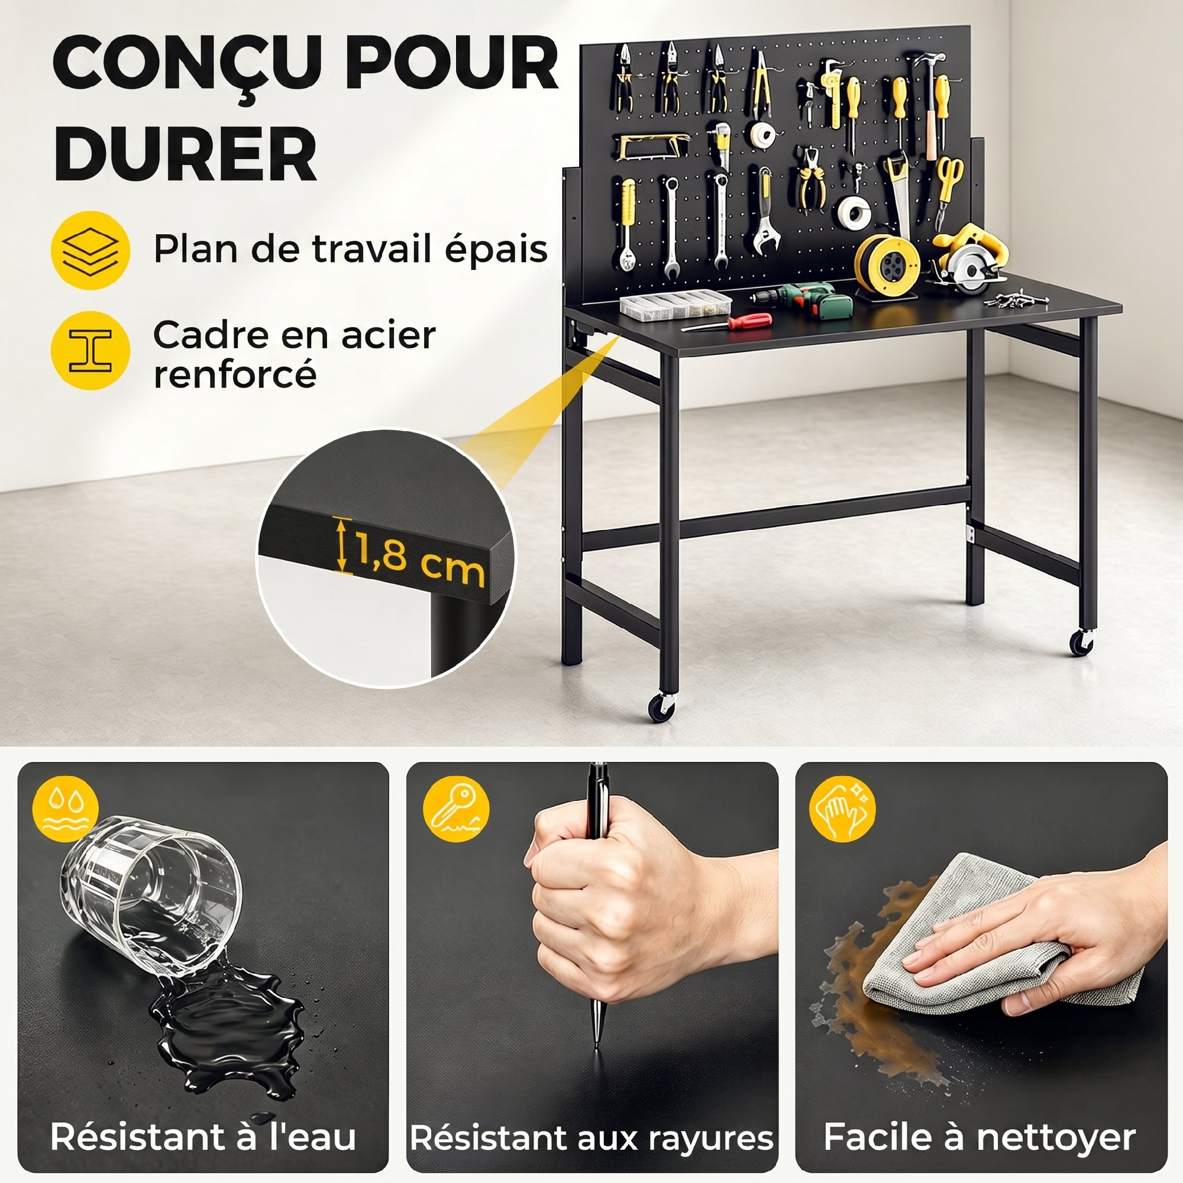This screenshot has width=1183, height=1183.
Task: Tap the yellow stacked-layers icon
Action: point(90,250)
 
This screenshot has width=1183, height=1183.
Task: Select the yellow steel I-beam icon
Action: point(90,350)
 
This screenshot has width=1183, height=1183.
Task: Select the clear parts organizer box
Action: point(676,304)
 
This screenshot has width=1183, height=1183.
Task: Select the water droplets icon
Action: point(65,808)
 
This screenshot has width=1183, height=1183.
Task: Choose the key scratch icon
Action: point(456,808)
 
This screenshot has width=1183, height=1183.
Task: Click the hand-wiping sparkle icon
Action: point(842,808)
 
